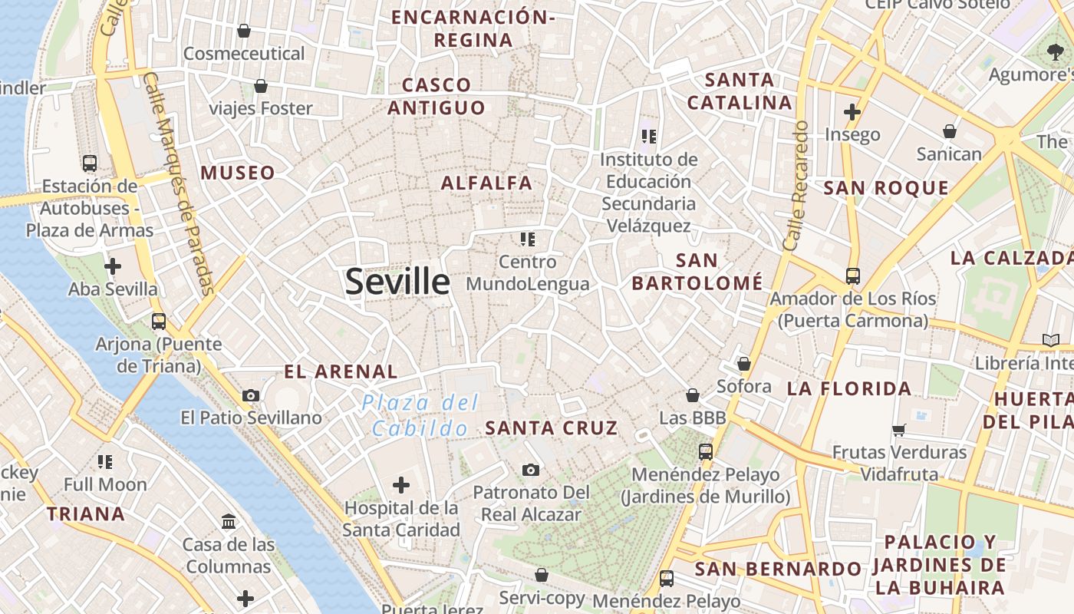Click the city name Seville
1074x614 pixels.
point(397,282)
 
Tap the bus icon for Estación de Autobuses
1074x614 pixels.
point(90,163)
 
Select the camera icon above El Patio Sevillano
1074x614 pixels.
point(250,396)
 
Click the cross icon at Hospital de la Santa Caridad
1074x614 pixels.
point(400,485)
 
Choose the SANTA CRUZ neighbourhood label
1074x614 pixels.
point(552,428)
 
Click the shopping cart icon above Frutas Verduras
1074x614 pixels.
point(899,430)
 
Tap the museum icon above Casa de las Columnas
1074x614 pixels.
point(228,522)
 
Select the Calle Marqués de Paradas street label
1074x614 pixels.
point(177,183)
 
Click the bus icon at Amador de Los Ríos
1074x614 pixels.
point(852,276)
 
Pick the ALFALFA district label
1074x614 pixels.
point(486,183)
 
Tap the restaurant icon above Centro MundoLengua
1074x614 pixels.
point(527,239)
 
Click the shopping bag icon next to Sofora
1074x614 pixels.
point(743,364)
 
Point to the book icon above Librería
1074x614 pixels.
point(1050,340)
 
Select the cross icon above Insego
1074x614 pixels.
point(852,112)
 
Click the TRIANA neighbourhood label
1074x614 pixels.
point(86,514)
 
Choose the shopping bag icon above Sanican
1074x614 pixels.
point(950,131)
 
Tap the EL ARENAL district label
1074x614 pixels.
point(341,372)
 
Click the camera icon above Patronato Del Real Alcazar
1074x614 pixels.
point(530,470)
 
